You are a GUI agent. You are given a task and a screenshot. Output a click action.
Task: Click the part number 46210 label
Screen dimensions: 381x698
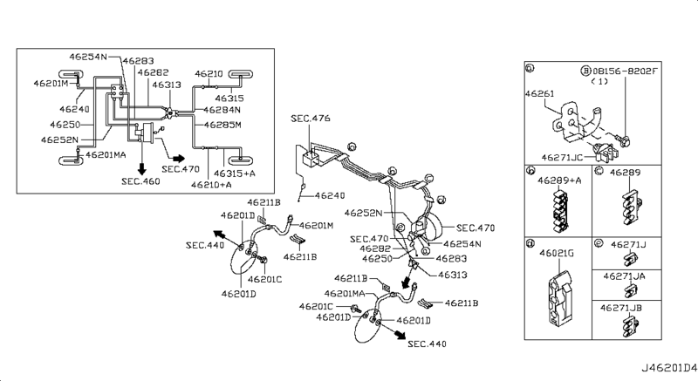pos(209,74)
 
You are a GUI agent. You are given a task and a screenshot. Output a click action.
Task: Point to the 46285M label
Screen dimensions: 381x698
pos(222,125)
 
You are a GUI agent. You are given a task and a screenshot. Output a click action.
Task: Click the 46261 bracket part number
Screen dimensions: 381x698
pos(540,91)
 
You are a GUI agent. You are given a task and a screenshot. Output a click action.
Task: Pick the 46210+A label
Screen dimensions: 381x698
pos(211,186)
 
